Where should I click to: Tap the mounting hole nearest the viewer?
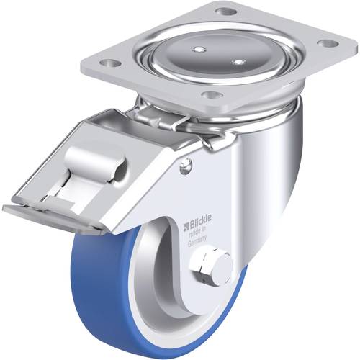pyautogui.click(x=210, y=94)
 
